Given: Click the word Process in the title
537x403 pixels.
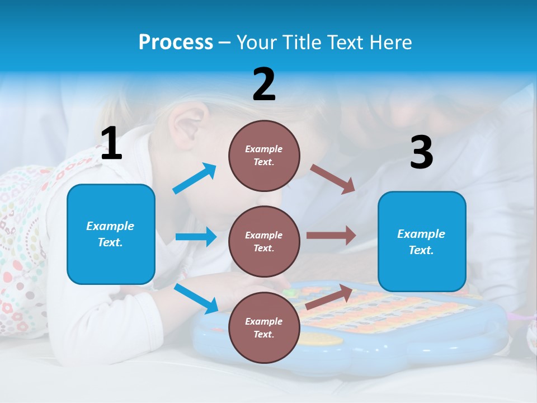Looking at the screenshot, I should (176, 42).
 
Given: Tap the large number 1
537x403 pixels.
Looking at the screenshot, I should (111, 143).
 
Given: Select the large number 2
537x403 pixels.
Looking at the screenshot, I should (264, 85).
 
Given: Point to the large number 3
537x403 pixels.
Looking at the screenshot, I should (421, 153).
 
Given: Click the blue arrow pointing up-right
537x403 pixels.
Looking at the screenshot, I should (195, 179).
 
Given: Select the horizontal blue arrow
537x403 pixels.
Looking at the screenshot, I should (196, 237).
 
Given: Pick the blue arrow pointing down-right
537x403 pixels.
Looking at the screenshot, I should (196, 298).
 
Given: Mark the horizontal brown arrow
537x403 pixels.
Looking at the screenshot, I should (331, 236).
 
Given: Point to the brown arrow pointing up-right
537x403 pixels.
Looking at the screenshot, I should (329, 297).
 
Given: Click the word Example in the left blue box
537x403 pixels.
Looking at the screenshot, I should (110, 226).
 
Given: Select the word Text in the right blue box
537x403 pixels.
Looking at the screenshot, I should (421, 250).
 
